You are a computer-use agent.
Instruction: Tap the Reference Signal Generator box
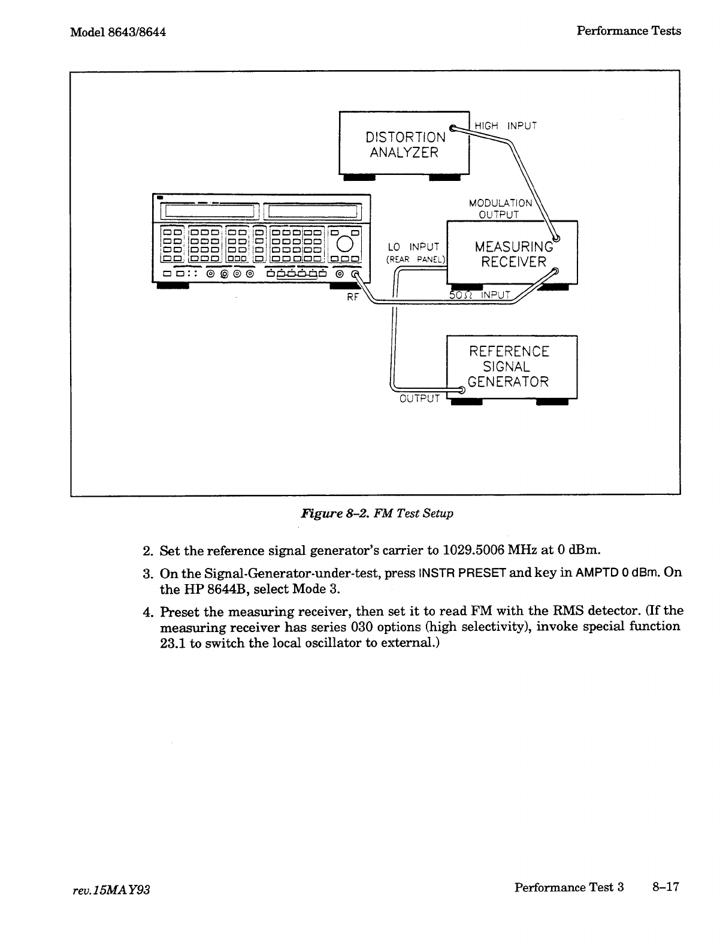[512, 366]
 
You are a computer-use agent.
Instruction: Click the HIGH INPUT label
[506, 126]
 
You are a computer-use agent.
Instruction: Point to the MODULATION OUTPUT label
[500, 208]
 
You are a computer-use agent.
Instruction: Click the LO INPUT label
[413, 247]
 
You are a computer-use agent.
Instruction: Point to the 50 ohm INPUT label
[480, 295]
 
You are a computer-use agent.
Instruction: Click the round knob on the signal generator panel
[345, 243]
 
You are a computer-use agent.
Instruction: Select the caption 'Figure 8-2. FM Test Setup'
[377, 513]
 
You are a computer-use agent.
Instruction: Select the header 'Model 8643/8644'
[117, 32]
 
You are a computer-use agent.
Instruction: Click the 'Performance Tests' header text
[628, 31]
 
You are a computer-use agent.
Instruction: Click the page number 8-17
[665, 887]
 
